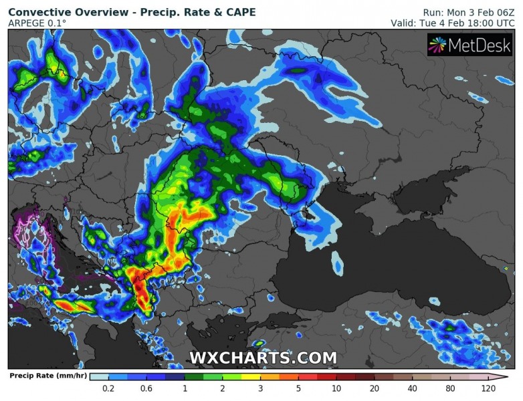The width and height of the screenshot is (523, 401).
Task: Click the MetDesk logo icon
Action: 438,45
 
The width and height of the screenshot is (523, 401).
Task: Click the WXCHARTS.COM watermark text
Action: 263,358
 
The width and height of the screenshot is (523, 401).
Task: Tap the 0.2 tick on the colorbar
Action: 108,388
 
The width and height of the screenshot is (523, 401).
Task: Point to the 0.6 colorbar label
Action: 146,388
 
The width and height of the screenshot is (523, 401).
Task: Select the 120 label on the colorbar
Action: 488,388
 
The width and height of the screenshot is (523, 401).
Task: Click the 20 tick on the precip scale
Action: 374,388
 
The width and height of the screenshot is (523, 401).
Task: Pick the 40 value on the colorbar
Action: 412,388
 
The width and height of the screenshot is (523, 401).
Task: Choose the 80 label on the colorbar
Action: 449,388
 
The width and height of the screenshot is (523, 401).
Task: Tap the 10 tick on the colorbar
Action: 336,388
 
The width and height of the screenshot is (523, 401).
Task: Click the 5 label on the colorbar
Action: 298,388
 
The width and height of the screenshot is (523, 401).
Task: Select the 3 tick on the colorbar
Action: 260,388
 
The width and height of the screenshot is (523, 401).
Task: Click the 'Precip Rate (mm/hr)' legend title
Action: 46,376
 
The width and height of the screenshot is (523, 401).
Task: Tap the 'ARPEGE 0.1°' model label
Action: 37,23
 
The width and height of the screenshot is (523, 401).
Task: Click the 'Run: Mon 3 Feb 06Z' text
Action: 468,12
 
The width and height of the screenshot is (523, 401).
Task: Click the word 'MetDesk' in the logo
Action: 480,45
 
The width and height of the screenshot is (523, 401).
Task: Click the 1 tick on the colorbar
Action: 185,388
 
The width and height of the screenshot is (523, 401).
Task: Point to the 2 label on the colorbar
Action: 222,388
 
